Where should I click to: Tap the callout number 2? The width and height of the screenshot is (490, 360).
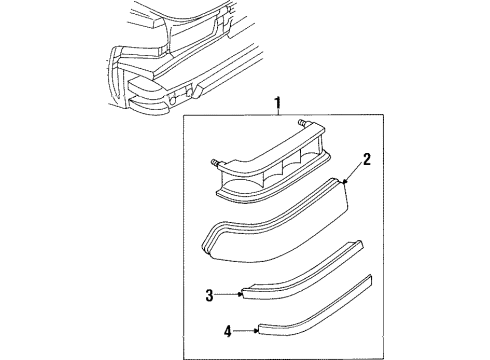pos(367,158)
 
